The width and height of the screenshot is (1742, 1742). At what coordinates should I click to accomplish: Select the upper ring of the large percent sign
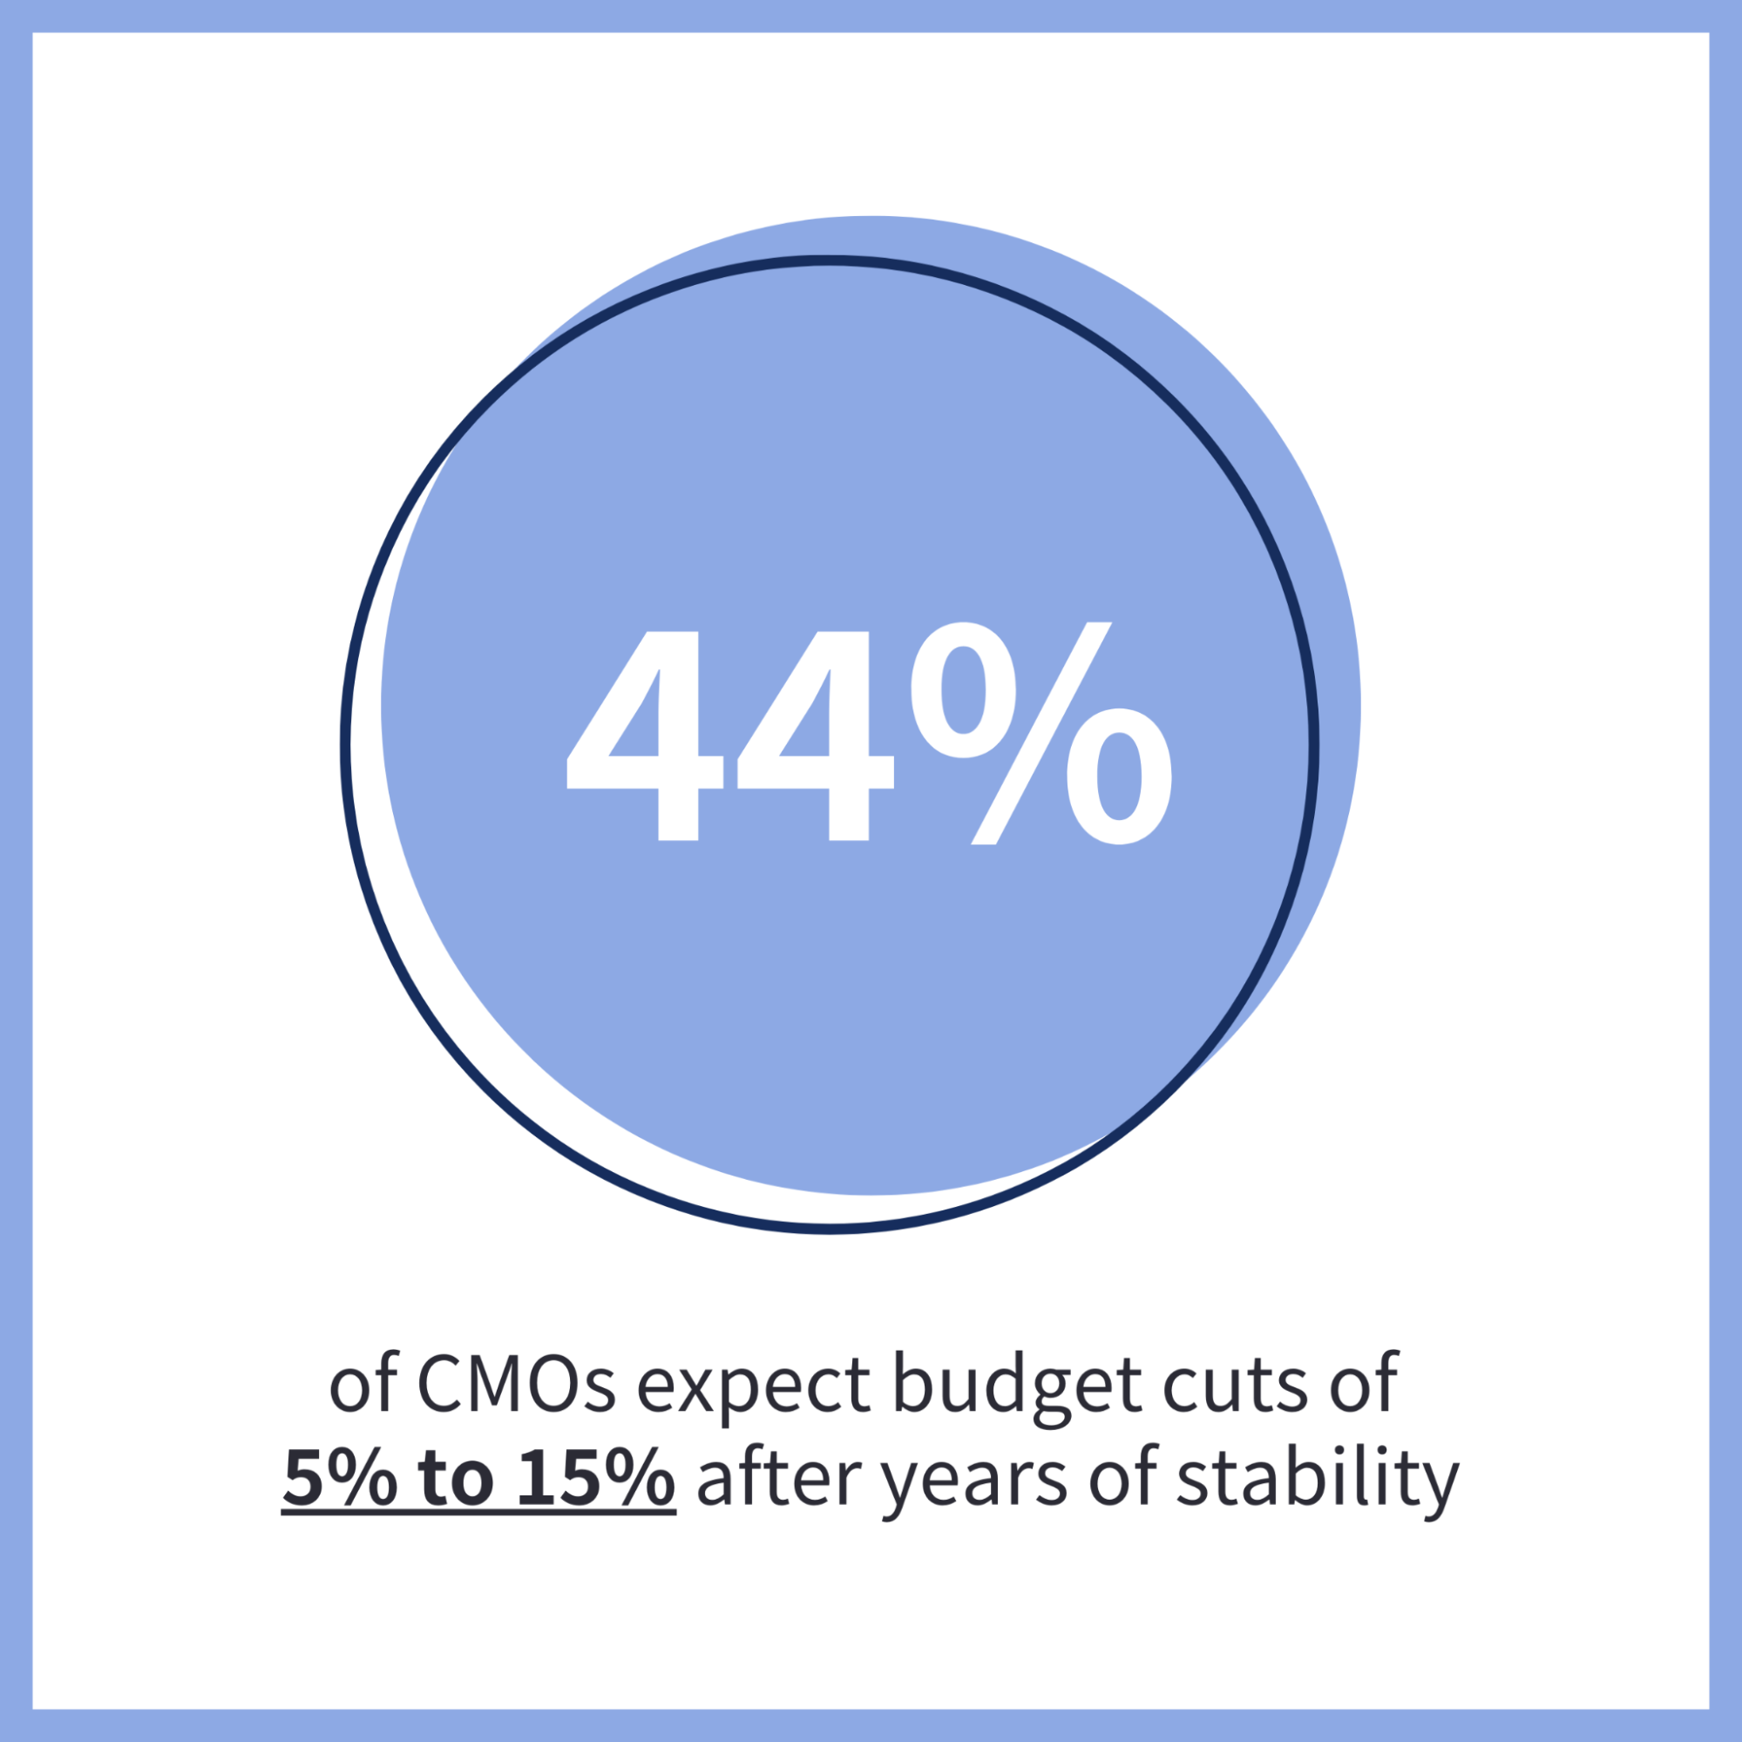tap(963, 691)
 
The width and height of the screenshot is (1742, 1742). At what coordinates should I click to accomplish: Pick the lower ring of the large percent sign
tap(1119, 776)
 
